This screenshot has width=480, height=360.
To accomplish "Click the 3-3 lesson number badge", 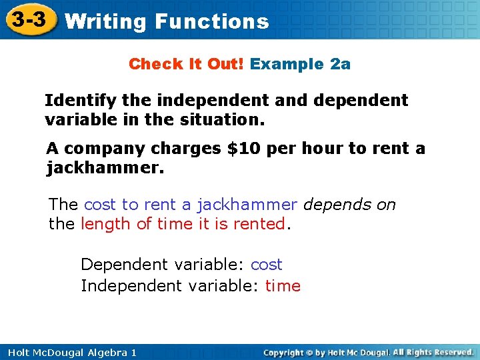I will pos(29,20).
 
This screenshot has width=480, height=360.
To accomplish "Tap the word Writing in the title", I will pos(106,21).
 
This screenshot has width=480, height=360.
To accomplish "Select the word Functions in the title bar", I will pos(211,21).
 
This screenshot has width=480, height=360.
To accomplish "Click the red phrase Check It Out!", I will pos(187,64).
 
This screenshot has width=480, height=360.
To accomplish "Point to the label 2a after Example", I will pos(340,64).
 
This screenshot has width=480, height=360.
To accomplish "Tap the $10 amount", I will pos(241,148).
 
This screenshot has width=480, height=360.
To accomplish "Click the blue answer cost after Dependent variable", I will pos(266,265).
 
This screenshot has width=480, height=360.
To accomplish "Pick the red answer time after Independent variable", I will pos(283,286).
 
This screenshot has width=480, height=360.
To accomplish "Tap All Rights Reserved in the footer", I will pos(433,352).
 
